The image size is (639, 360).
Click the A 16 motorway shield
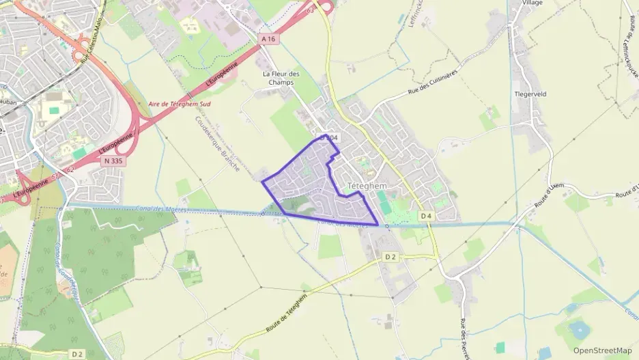pos(270,40)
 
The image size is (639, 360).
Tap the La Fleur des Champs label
pos(281,78)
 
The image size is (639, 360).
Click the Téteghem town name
pos(367,185)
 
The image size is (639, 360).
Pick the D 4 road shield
pos(426,216)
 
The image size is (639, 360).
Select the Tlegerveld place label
pos(532,94)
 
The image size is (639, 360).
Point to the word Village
pos(532,3)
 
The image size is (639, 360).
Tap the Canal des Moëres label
pos(144,208)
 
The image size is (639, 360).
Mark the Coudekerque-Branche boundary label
pos(216,142)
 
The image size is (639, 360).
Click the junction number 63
pos(311,11)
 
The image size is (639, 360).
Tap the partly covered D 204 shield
pos(329,139)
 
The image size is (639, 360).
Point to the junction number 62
pos(70,169)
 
